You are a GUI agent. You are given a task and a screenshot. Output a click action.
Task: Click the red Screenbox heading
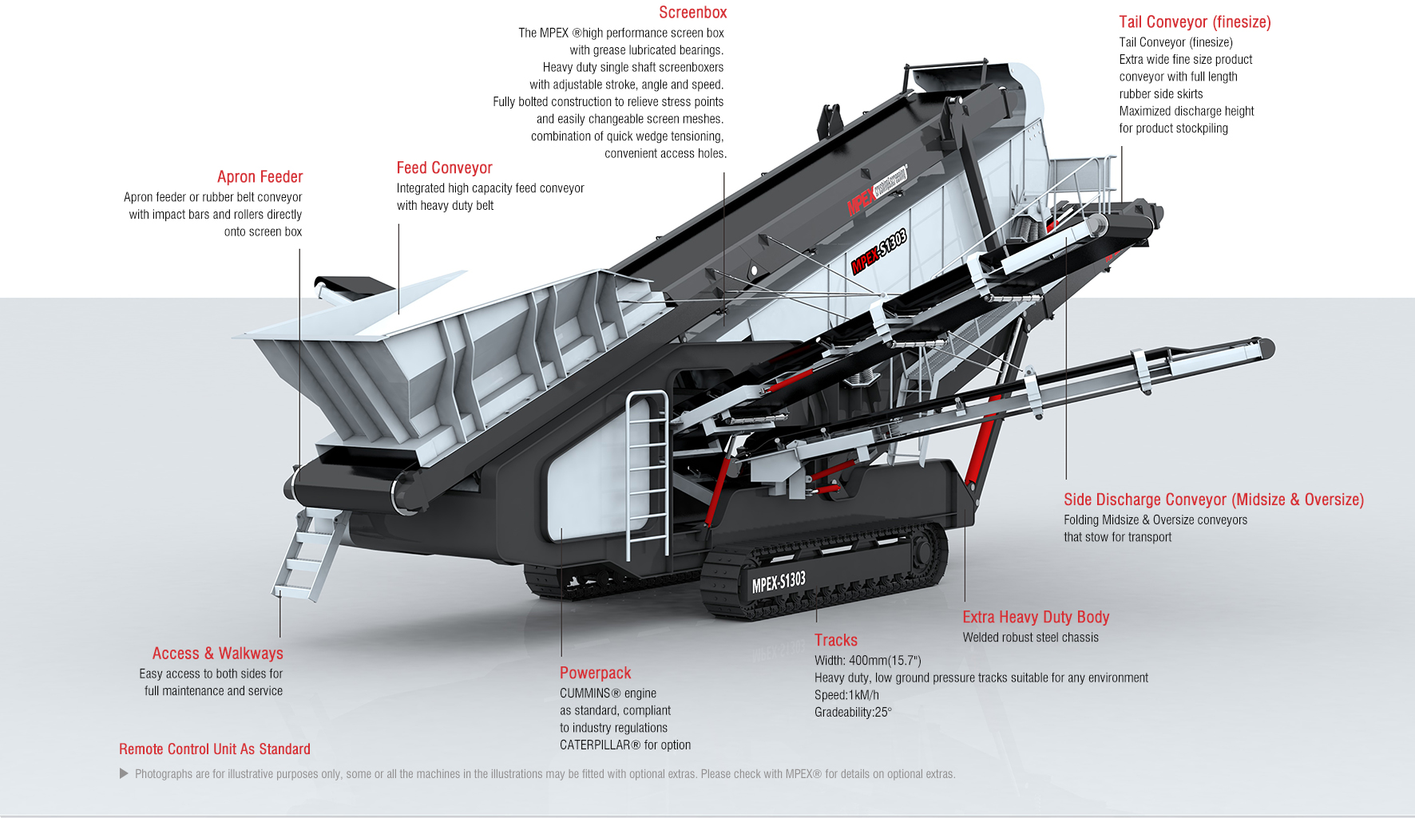pos(692,13)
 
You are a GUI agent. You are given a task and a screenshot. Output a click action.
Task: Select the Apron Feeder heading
pos(260,177)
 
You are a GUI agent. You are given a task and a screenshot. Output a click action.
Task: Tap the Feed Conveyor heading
pos(444,168)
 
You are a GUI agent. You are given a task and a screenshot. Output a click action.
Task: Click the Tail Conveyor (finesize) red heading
pos(1195,22)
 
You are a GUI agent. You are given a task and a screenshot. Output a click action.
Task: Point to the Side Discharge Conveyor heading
pos(1213,500)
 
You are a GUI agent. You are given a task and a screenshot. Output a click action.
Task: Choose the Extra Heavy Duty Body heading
pos(1036,617)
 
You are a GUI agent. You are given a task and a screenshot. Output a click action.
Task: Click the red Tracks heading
pos(835,640)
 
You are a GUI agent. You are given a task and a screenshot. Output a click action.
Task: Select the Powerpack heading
pos(595,673)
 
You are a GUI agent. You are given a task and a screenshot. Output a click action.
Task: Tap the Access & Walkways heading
pos(217,654)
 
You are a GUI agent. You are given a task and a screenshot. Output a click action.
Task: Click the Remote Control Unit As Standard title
pos(214,749)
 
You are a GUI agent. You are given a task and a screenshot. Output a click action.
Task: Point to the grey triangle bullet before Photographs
pos(124,773)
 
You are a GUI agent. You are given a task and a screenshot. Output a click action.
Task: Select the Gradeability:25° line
pos(852,713)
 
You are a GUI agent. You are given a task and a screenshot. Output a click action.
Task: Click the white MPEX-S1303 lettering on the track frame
pos(779,583)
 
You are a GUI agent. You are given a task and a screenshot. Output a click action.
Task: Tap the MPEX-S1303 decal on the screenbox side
pos(879,251)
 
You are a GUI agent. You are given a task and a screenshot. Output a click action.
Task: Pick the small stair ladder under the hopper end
pos(307,555)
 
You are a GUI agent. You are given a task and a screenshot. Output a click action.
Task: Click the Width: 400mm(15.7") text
pos(867,661)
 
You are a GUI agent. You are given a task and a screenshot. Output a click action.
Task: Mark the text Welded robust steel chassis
pos(1030,638)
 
